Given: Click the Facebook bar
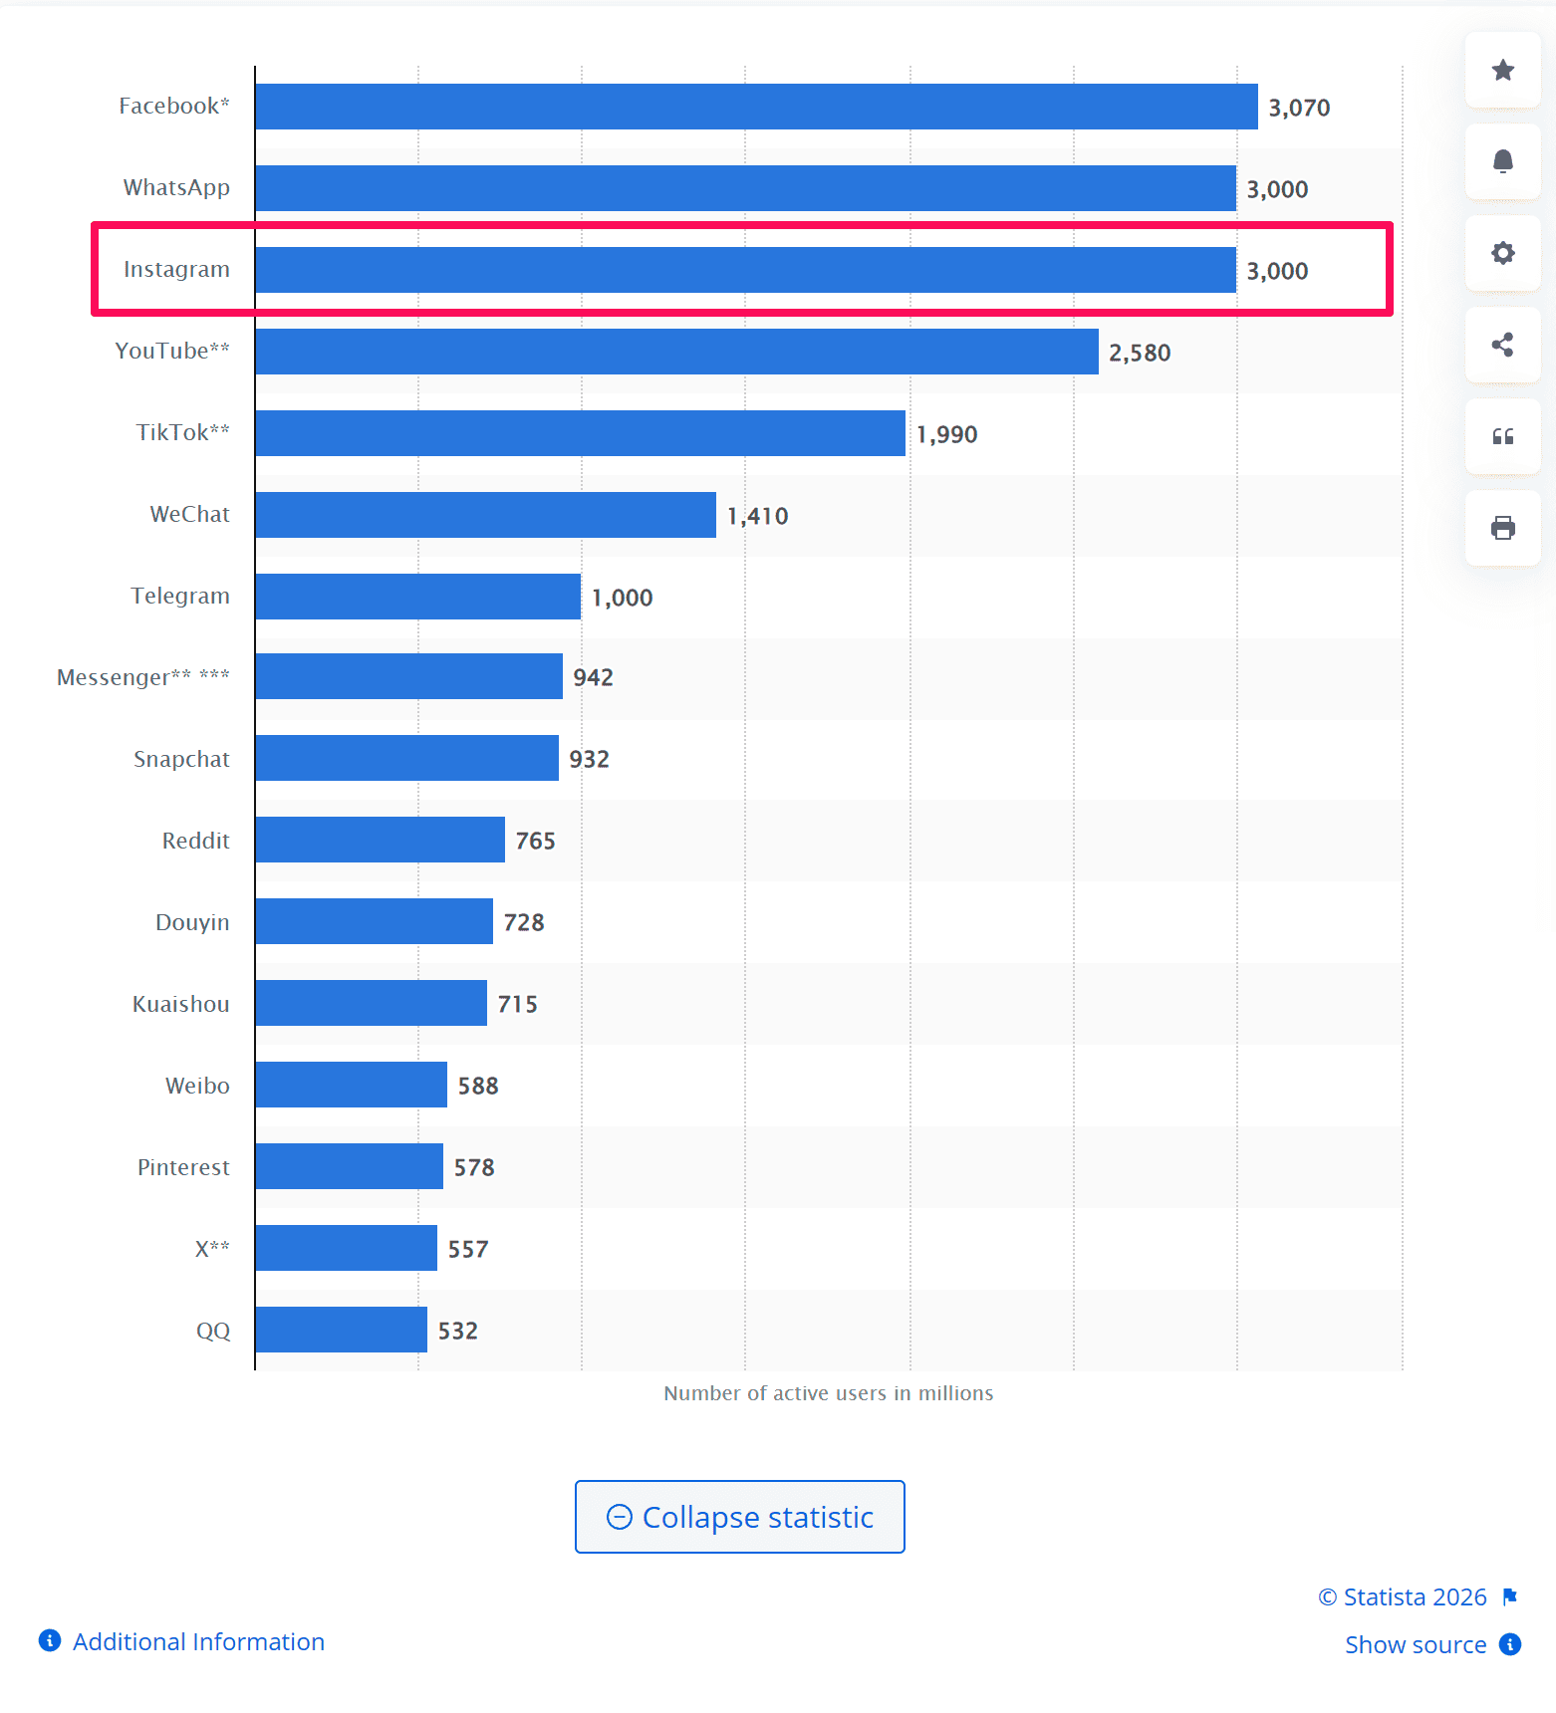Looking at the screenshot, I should (756, 107).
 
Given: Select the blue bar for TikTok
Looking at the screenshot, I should (580, 433).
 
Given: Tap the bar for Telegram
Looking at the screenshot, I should (417, 597).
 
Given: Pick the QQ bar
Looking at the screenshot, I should (341, 1330).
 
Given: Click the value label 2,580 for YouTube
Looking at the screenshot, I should (1140, 353).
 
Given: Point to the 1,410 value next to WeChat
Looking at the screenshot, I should (757, 516).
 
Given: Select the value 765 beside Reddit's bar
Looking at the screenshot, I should (535, 841).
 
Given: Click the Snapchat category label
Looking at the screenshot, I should (181, 759).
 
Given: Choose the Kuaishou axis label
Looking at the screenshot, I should (180, 1004).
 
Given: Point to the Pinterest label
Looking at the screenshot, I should (183, 1167).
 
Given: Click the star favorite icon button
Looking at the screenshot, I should (1502, 70).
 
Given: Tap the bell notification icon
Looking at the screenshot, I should (1502, 161).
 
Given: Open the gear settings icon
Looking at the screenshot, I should (1502, 253).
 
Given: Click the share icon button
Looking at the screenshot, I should (1502, 345).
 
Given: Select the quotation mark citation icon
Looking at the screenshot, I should (1502, 436).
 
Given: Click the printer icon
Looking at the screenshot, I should (1502, 528).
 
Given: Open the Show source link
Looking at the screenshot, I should (1416, 1644).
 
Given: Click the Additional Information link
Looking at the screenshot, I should (198, 1641).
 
